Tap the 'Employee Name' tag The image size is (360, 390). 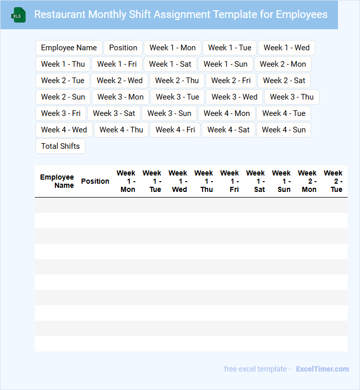point(69,48)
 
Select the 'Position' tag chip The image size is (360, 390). point(123,48)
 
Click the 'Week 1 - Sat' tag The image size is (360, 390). point(170,64)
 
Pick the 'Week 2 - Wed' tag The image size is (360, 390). point(119,81)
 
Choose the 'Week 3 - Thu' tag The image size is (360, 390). point(292,97)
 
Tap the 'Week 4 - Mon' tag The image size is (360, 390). point(227,113)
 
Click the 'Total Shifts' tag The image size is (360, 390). point(61,146)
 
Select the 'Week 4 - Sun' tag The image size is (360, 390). point(284,130)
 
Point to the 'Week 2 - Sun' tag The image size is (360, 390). point(63,97)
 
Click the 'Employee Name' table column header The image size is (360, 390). point(57,181)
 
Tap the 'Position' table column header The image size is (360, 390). point(95,181)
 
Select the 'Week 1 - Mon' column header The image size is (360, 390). point(126,181)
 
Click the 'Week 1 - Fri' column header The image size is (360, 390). point(230,181)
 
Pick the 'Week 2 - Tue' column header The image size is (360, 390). point(333,181)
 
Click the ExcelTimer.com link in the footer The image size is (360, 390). point(322,369)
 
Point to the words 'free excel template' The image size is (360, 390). point(255,369)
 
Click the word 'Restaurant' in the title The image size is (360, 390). point(59,14)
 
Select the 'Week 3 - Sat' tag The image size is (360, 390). point(114,113)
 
